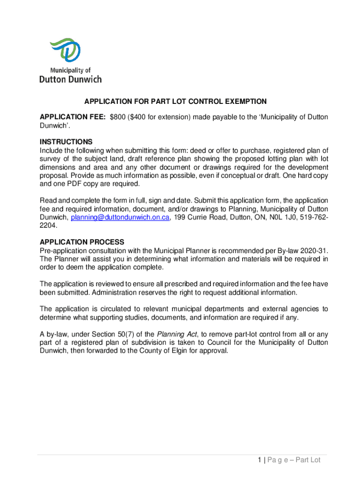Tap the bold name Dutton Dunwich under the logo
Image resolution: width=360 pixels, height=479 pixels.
tap(70, 80)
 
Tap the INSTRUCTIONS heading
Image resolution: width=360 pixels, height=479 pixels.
tap(66, 142)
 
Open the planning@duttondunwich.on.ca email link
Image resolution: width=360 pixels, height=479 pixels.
tap(120, 218)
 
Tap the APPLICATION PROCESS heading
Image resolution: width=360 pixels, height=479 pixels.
tap(82, 242)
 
